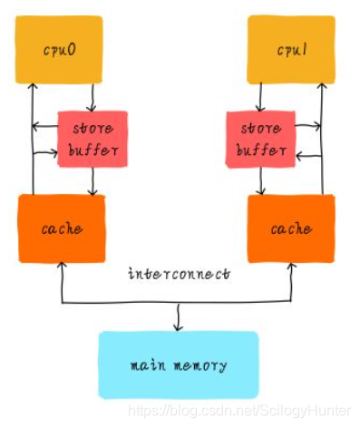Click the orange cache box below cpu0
(61, 228)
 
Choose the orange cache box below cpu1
(290, 228)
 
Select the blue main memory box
(178, 365)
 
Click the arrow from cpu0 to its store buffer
(92, 97)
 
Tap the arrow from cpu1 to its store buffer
(260, 97)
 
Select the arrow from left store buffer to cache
(92, 182)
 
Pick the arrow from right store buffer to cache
(260, 182)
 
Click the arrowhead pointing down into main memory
(178, 326)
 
